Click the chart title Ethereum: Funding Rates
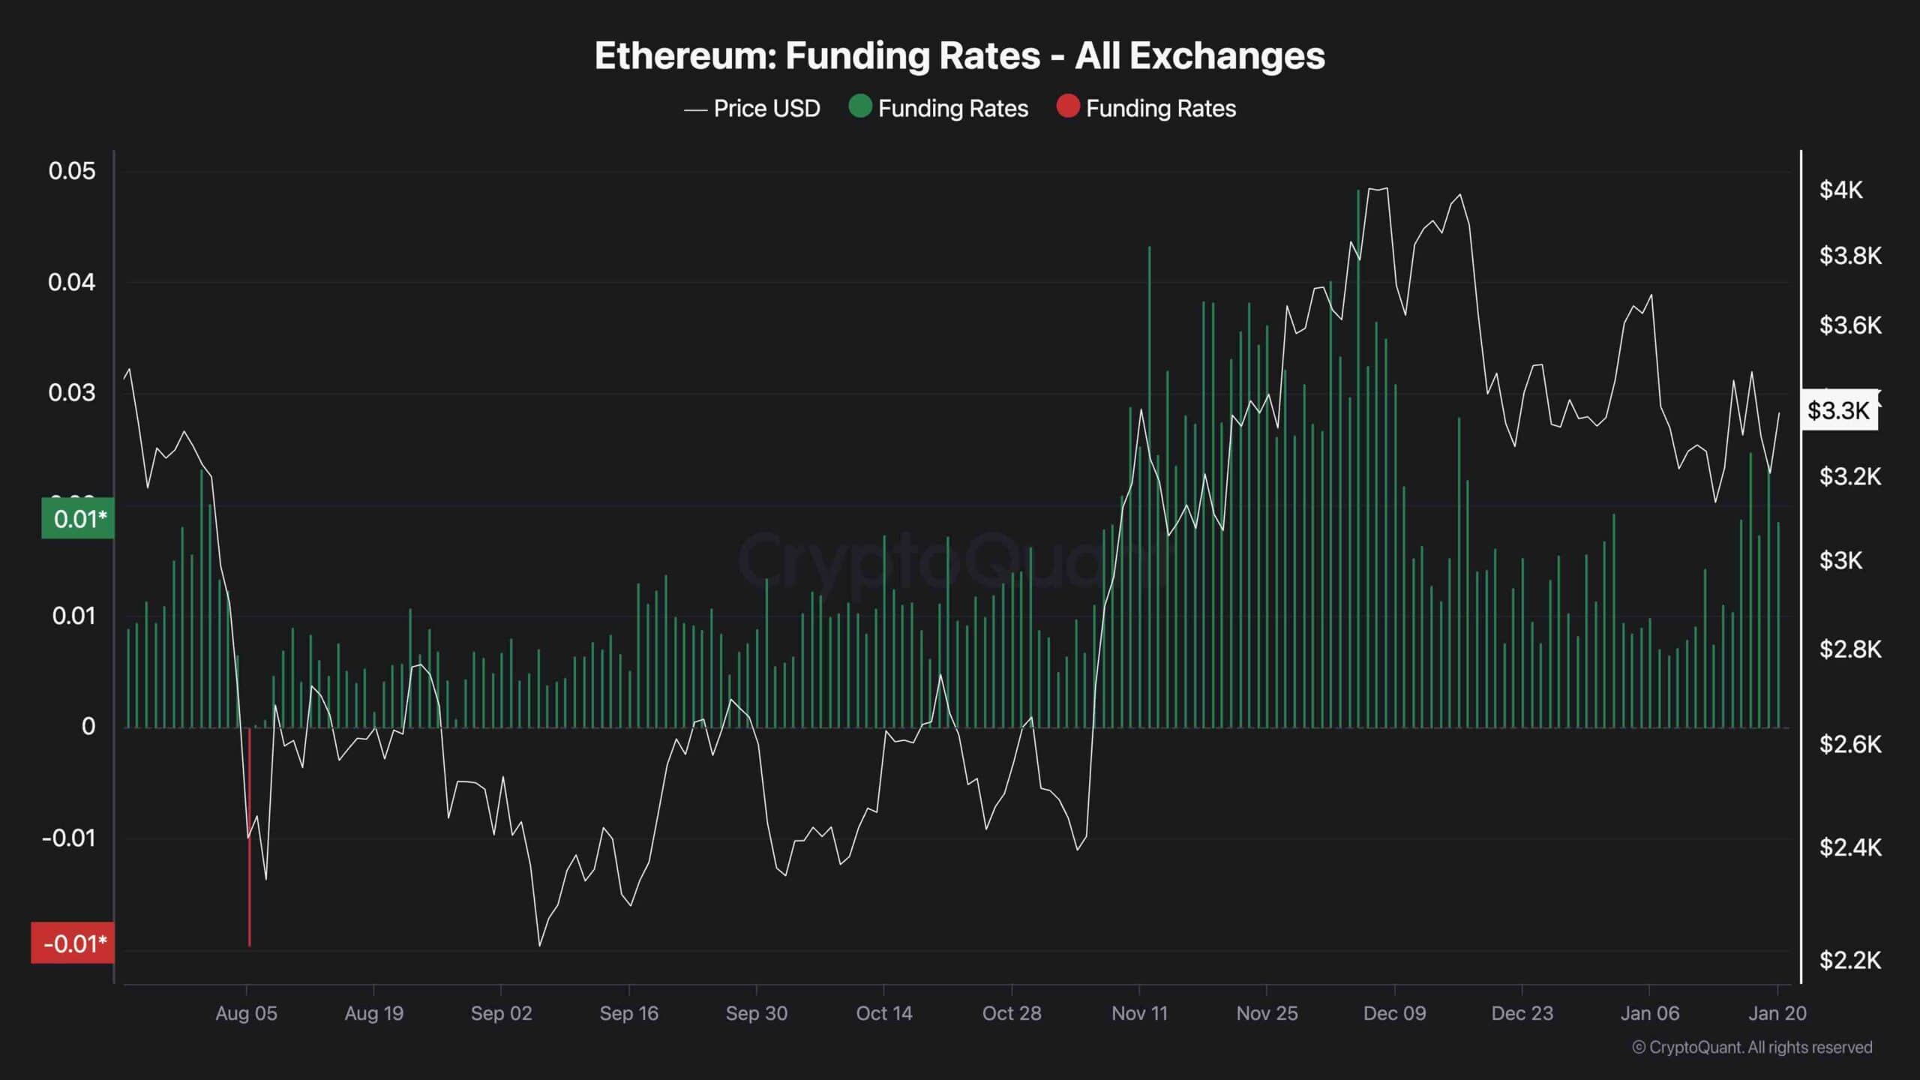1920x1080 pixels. coord(959,56)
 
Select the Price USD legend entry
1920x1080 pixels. coord(752,109)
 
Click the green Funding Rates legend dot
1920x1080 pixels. coord(859,107)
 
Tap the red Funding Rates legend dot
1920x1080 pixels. coord(1067,107)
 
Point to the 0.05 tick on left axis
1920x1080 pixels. coord(72,171)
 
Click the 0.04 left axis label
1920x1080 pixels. coord(72,283)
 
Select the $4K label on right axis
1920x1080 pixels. coord(1840,190)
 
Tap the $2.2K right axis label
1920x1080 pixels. coord(1849,960)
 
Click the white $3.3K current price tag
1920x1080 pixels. coord(1838,410)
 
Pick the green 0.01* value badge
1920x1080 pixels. coord(79,519)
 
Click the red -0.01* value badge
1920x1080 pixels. coord(73,943)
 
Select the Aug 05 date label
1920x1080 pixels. coord(246,1013)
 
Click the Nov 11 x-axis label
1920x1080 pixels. coord(1139,1013)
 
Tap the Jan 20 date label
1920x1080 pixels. coord(1777,1013)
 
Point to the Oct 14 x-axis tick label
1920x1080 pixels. coord(883,1013)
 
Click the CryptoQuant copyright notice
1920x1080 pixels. coord(1752,1047)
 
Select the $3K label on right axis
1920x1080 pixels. coord(1840,560)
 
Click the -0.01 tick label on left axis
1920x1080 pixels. coord(69,838)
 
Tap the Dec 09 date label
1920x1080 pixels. coord(1394,1013)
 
